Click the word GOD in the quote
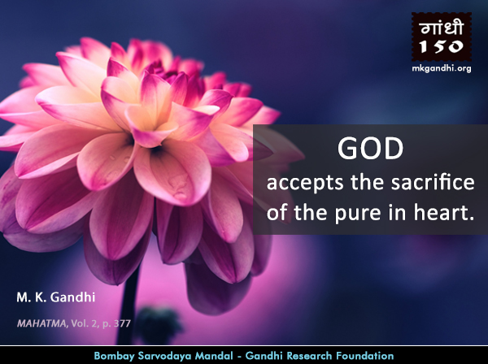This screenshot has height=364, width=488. click(370, 149)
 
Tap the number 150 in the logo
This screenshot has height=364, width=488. click(442, 47)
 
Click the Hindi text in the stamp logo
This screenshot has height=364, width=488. click(442, 28)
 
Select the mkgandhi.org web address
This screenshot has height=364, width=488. click(442, 68)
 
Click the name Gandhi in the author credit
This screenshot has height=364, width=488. click(72, 297)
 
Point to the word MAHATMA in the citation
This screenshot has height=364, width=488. click(41, 323)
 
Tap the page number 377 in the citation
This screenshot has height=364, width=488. click(122, 323)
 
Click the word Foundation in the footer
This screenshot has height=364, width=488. click(364, 356)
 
